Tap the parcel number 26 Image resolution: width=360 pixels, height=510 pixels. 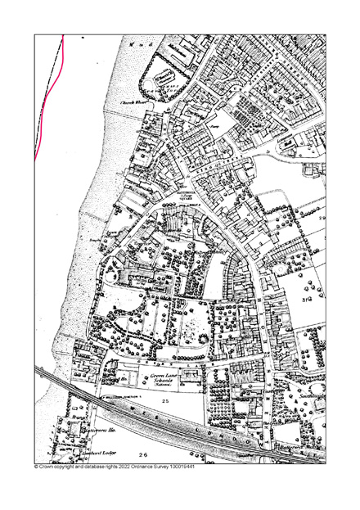pyautogui.click(x=142, y=454)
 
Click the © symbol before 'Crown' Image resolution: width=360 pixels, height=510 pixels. pyautogui.click(x=36, y=467)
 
